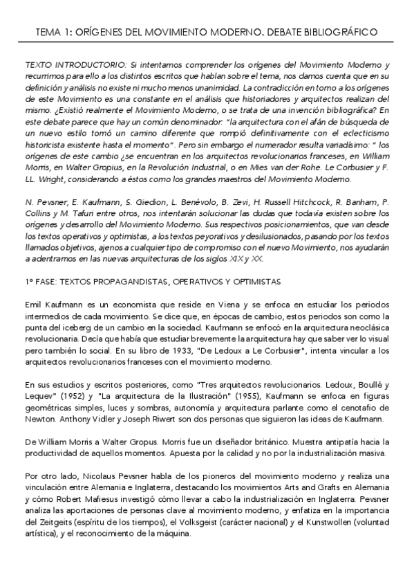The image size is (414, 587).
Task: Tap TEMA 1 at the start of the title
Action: point(55,32)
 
